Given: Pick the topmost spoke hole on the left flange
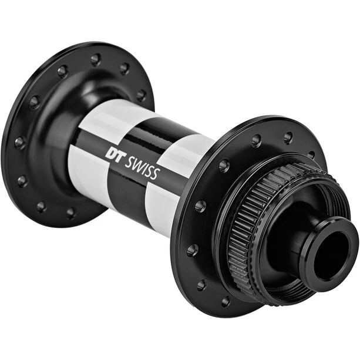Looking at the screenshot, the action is click(96, 60).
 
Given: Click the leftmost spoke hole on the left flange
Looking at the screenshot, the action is click(20, 143).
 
